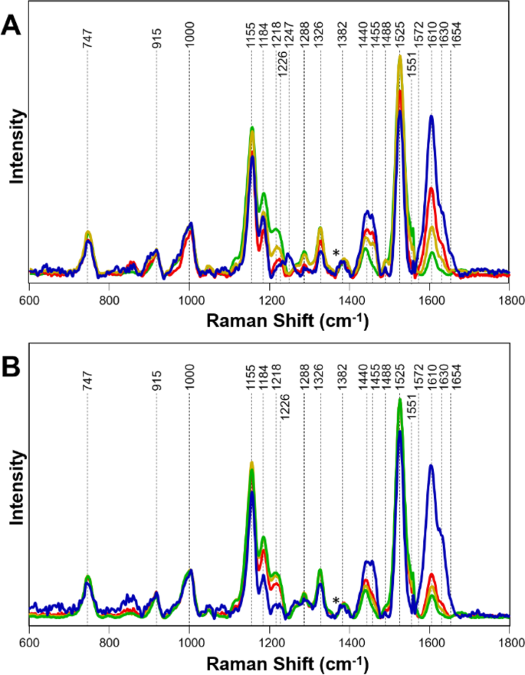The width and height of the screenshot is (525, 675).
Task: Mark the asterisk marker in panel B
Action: (x=336, y=600)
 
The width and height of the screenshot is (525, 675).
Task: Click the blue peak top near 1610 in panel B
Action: (x=431, y=465)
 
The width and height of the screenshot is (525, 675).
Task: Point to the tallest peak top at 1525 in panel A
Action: (x=400, y=56)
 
